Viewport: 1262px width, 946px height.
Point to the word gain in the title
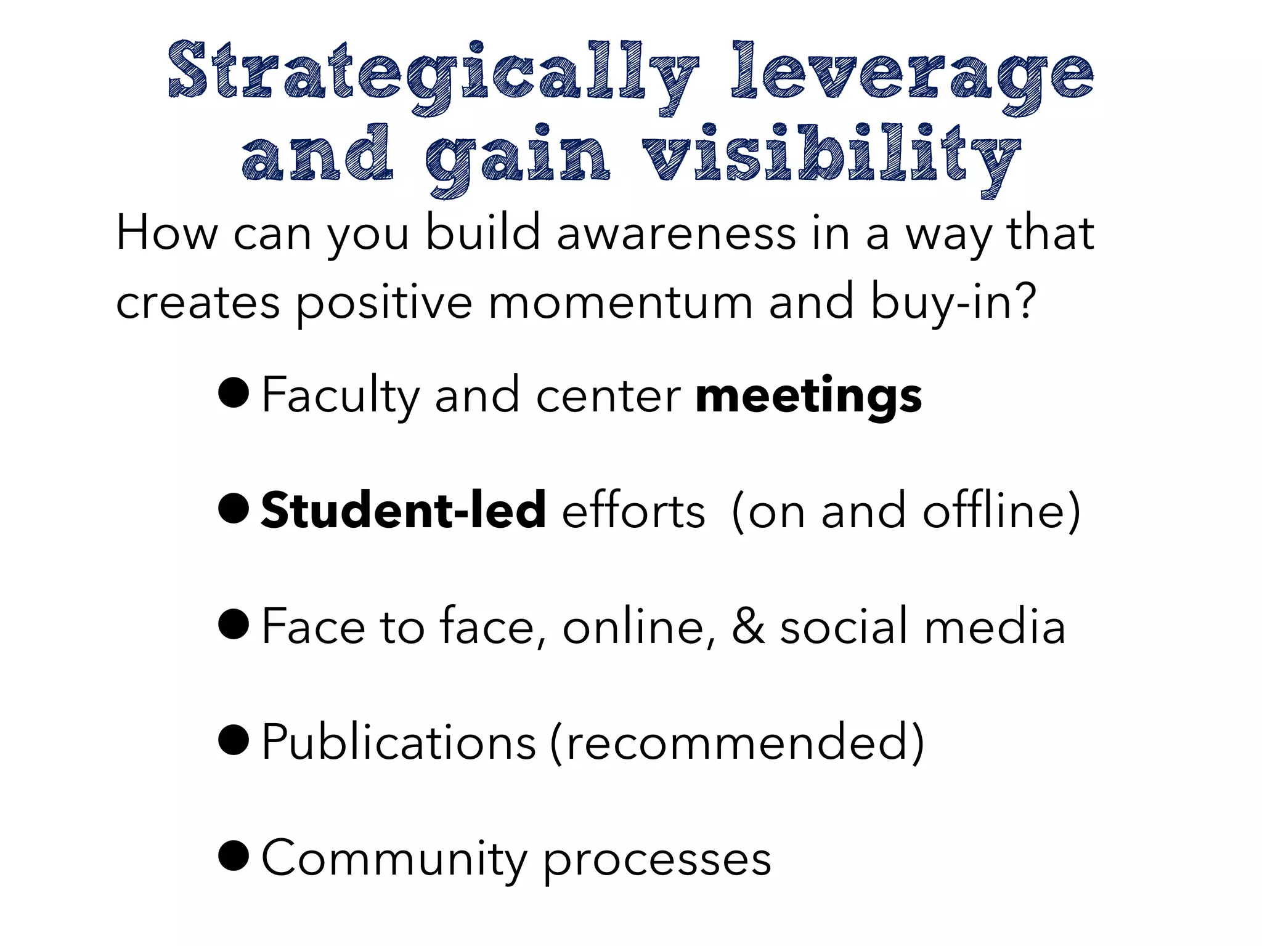pyautogui.click(x=518, y=157)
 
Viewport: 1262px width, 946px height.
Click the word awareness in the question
pyautogui.click(x=676, y=233)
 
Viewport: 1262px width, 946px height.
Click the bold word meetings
pyautogui.click(x=808, y=395)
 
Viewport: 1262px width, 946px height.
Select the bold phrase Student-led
pyautogui.click(x=404, y=511)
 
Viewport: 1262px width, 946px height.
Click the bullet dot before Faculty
pyautogui.click(x=234, y=392)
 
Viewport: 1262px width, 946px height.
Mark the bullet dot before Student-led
pyautogui.click(x=234, y=508)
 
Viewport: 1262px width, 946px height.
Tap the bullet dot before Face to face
pyautogui.click(x=234, y=624)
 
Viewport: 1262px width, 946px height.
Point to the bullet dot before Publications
pyautogui.click(x=234, y=740)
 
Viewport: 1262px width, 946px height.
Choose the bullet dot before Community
pyautogui.click(x=234, y=855)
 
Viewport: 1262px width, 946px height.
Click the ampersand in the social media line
pyautogui.click(x=747, y=626)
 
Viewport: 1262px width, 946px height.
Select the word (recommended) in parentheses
pyautogui.click(x=737, y=743)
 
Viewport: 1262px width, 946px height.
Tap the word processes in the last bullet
pyautogui.click(x=657, y=860)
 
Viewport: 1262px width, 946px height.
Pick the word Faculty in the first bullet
pyautogui.click(x=340, y=395)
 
